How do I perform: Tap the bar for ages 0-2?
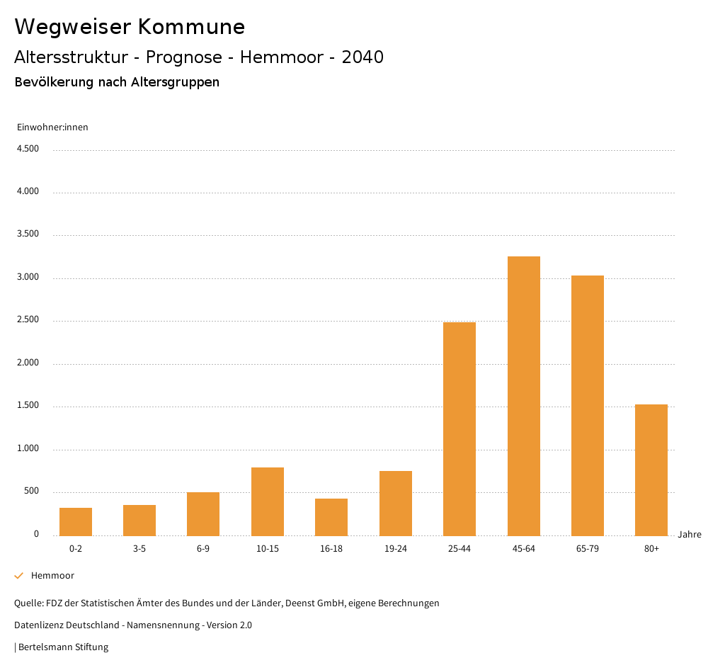click(76, 521)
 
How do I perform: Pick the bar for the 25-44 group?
click(459, 428)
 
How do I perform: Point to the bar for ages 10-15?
click(268, 501)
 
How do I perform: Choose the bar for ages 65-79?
click(588, 405)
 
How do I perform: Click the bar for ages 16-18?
click(331, 516)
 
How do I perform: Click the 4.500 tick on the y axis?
click(28, 149)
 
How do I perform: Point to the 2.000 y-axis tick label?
click(28, 363)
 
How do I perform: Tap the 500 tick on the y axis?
click(31, 492)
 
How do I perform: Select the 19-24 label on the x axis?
click(396, 549)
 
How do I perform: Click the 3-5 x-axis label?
click(139, 549)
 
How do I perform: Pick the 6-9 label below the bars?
click(203, 549)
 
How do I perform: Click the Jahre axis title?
click(689, 535)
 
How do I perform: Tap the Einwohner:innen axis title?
click(52, 127)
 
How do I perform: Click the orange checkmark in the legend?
click(19, 576)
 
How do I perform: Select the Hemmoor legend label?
click(52, 576)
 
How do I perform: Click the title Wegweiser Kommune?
click(130, 27)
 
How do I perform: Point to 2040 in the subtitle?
click(362, 57)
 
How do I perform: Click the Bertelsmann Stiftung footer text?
click(62, 647)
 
